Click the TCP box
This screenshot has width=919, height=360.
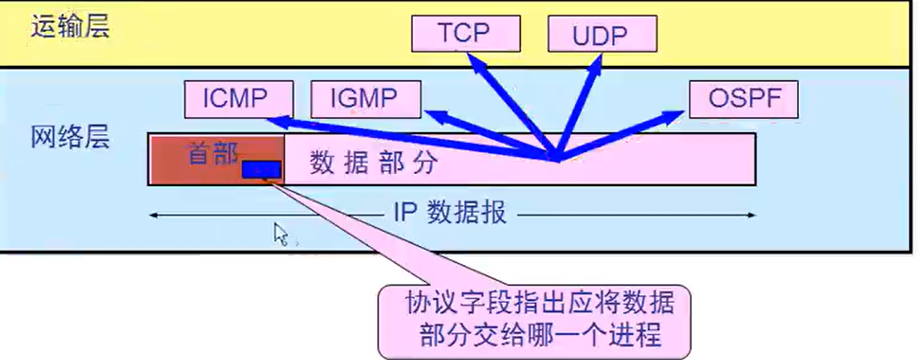point(463,33)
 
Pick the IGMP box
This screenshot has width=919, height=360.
point(365,99)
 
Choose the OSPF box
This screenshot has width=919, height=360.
point(743,99)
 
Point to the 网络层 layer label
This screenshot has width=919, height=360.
point(70,137)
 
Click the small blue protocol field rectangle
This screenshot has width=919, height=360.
point(261,170)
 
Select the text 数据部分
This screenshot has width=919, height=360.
point(374,163)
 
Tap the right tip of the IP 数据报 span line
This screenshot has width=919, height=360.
point(754,214)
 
